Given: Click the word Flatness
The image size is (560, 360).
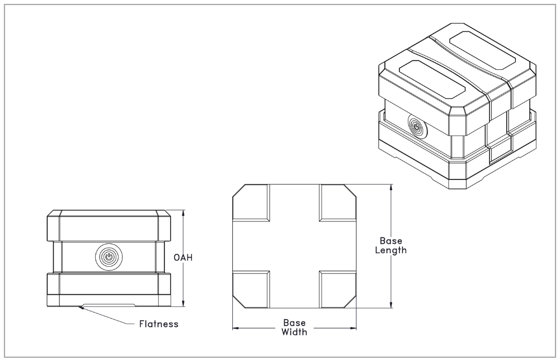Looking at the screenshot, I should click(x=158, y=324).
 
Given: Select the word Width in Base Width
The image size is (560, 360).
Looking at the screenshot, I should click(x=294, y=331).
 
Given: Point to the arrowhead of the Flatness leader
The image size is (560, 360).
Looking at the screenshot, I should click(x=82, y=306).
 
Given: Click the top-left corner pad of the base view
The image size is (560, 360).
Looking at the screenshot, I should click(x=251, y=202).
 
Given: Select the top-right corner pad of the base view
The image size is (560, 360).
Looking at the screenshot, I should click(x=338, y=202).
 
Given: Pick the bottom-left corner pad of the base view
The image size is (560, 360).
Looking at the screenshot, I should click(x=251, y=288).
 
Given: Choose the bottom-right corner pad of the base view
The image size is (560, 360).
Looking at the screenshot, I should click(x=338, y=288).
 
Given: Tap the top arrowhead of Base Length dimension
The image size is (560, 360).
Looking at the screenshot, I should click(x=390, y=187).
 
